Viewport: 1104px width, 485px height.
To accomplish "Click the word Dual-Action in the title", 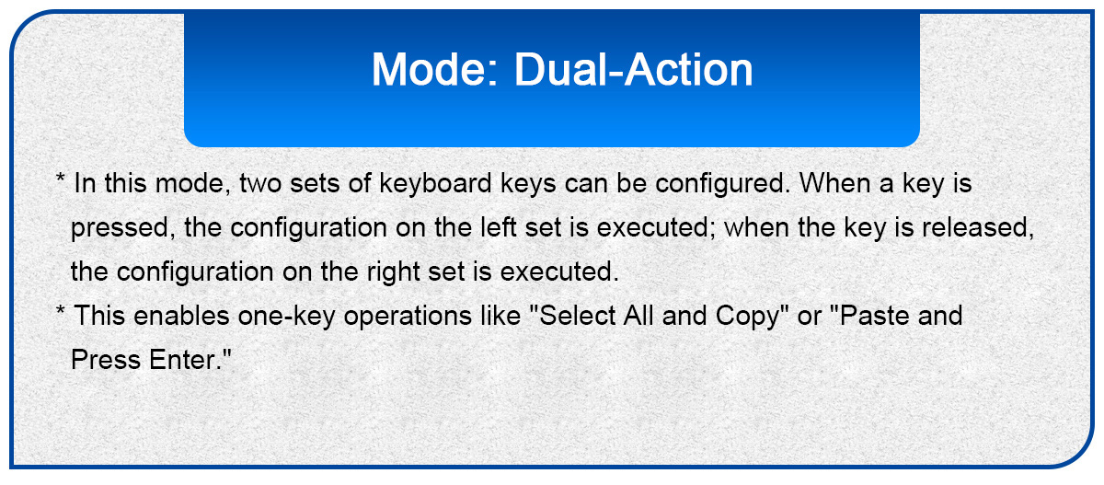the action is pyautogui.click(x=633, y=70).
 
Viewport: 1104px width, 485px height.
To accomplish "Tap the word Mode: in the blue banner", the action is pyautogui.click(x=435, y=70).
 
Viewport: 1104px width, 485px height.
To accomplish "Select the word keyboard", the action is pyautogui.click(x=435, y=184).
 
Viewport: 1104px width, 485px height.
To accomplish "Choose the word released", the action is pyautogui.click(x=978, y=228).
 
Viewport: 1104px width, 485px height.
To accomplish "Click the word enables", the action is pyautogui.click(x=181, y=316).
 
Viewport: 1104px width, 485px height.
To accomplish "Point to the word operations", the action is pyautogui.click(x=408, y=317).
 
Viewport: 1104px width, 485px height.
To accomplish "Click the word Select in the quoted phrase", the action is pyautogui.click(x=577, y=316).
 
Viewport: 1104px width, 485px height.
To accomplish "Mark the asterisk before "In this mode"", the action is pyautogui.click(x=60, y=178).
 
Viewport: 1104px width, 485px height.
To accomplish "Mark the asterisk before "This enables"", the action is pyautogui.click(x=60, y=310).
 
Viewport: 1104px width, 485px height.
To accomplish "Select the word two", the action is pyautogui.click(x=260, y=184).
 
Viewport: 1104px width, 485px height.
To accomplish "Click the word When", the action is pyautogui.click(x=835, y=183).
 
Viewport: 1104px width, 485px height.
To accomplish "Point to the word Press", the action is pyautogui.click(x=106, y=360).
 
